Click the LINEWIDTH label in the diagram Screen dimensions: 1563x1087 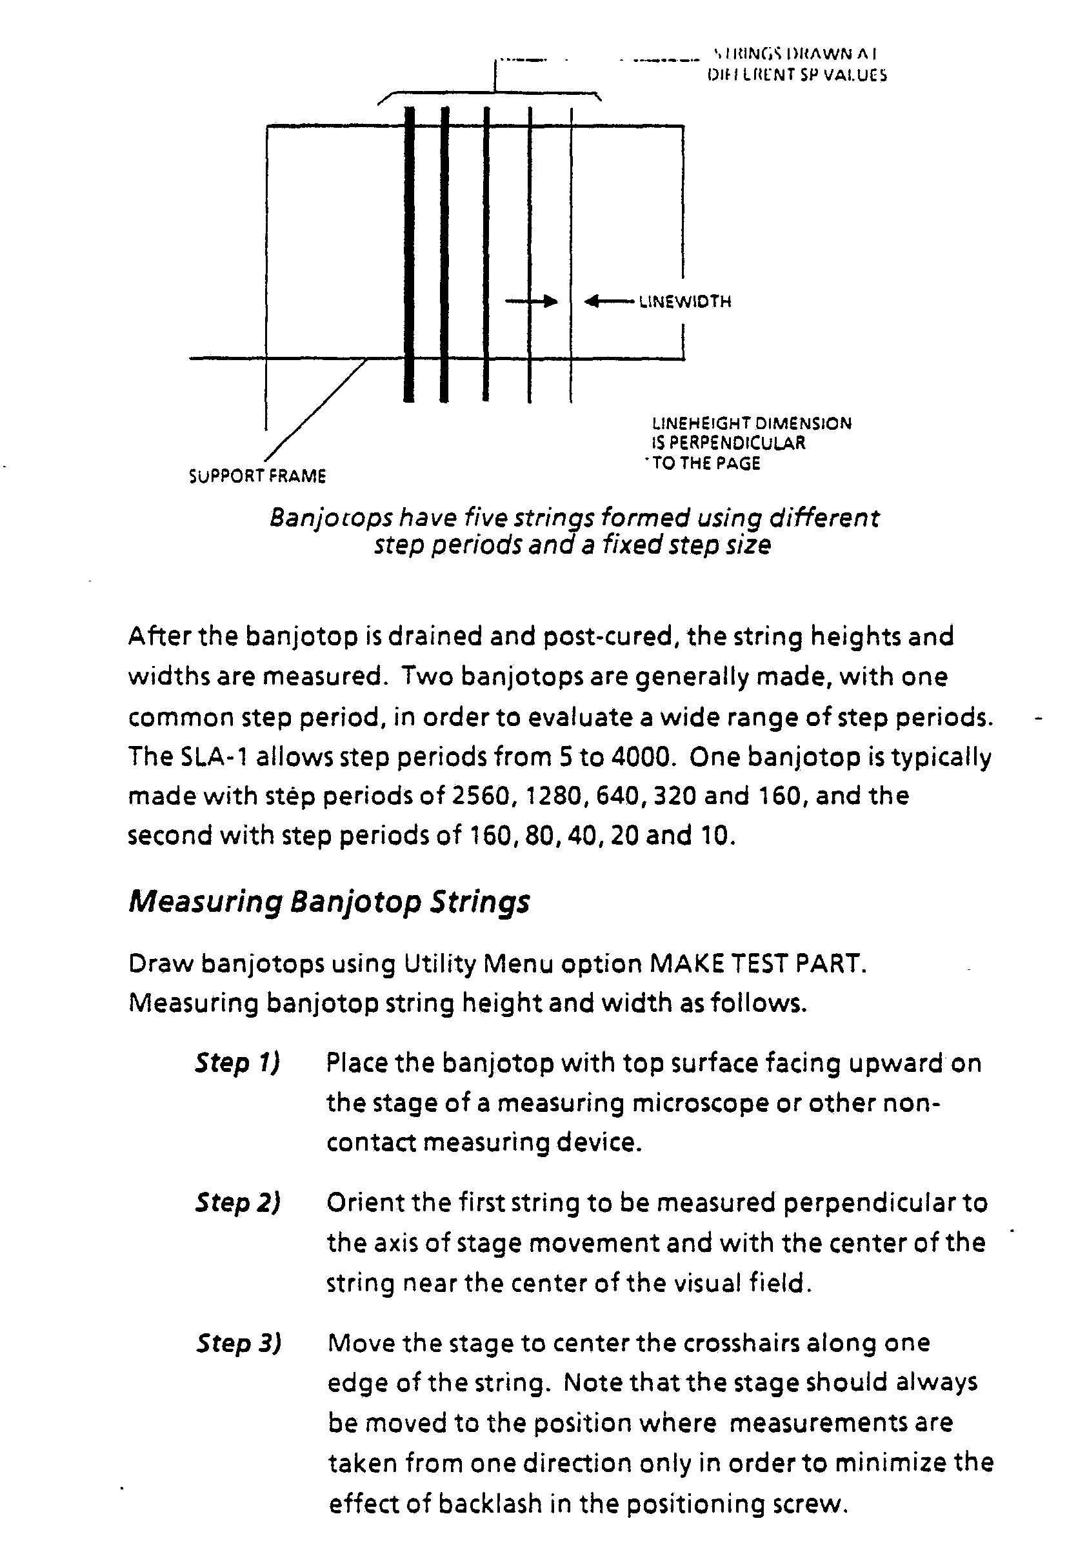pyautogui.click(x=684, y=301)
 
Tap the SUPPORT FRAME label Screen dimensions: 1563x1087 pyautogui.click(x=257, y=476)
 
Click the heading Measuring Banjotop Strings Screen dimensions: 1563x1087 pyautogui.click(x=329, y=902)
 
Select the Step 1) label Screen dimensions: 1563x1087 pyautogui.click(x=237, y=1063)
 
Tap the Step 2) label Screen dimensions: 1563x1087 pyautogui.click(x=238, y=1203)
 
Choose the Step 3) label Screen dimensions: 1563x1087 pyautogui.click(x=239, y=1343)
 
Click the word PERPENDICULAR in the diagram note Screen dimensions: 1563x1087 pyautogui.click(x=737, y=443)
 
